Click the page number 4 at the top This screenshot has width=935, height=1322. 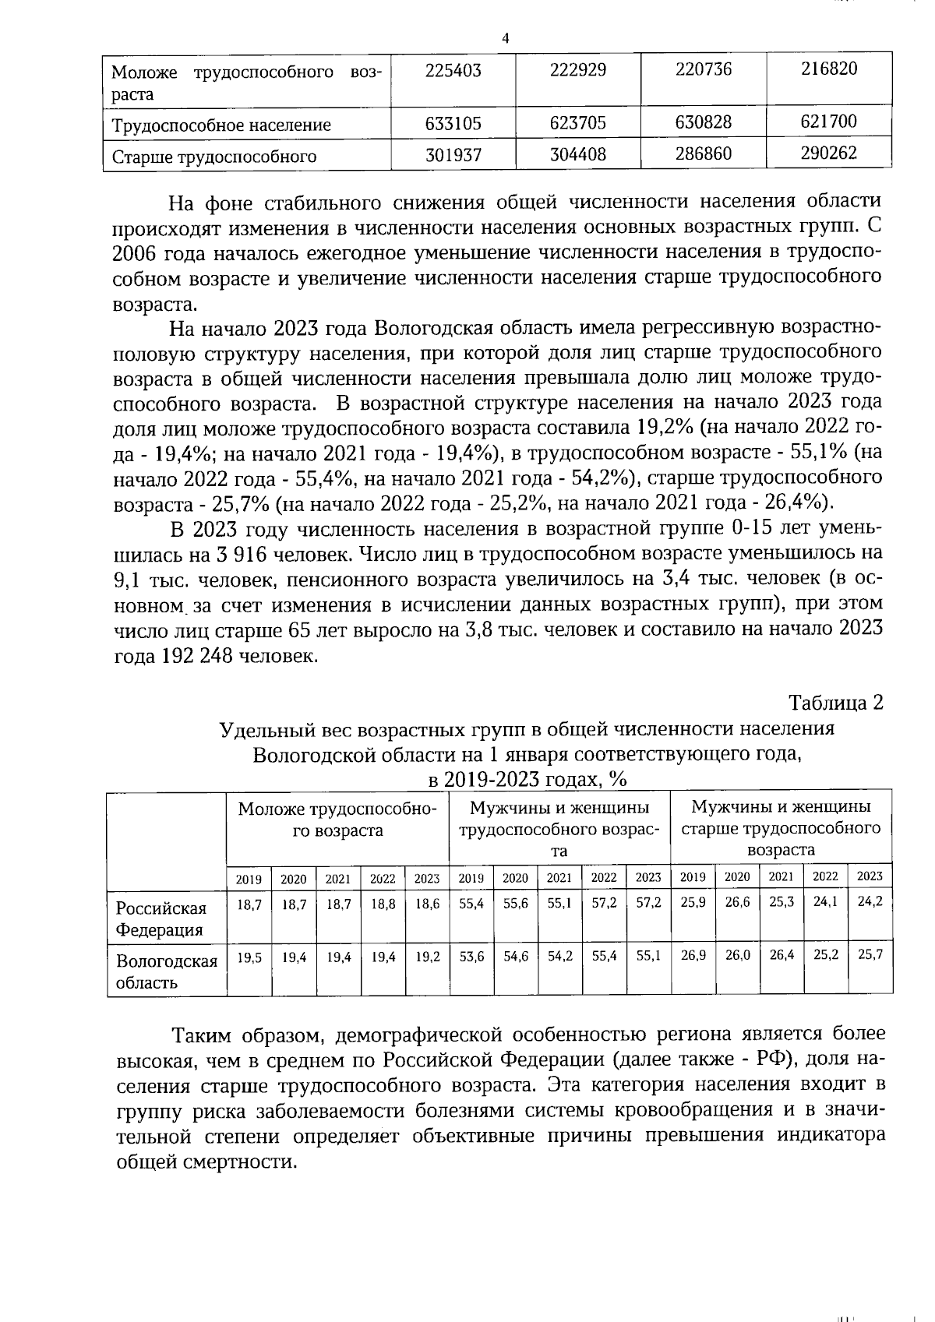pos(506,38)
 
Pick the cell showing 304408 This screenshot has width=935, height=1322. pos(577,154)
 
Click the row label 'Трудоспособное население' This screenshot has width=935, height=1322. pos(221,125)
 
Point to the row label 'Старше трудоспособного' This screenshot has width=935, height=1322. pos(214,157)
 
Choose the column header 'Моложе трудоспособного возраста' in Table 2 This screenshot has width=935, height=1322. pos(337,819)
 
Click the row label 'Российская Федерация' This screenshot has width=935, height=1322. pos(161,918)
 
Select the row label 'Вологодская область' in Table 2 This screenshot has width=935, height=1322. pos(166,971)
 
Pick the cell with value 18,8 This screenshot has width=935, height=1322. pos(383,906)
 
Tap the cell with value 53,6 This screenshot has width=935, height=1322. pos(471,956)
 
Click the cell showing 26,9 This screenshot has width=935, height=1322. pos(693,955)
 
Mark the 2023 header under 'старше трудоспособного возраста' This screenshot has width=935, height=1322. pos(870,876)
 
